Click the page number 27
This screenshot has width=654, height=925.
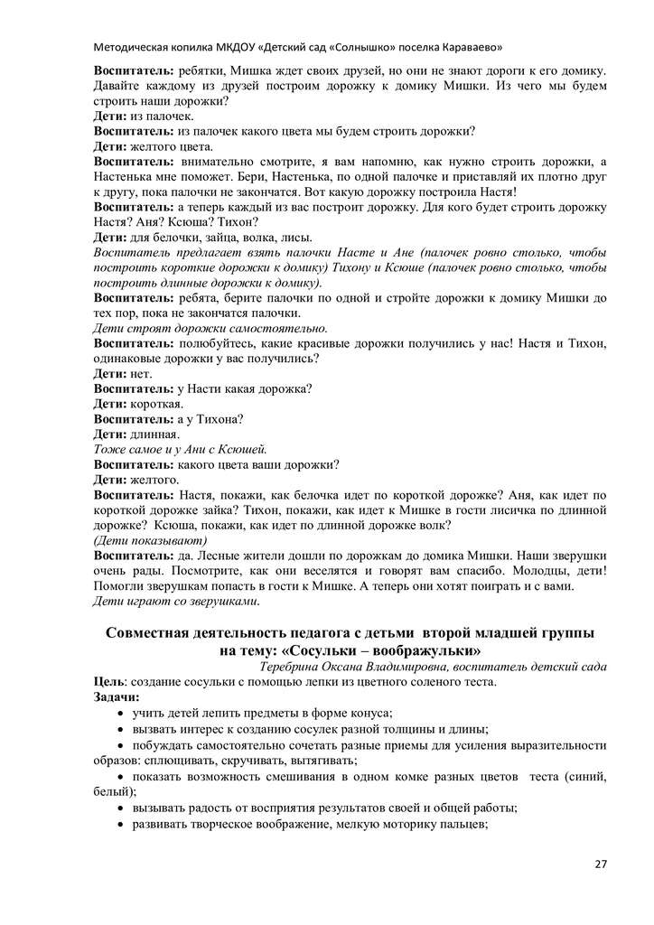click(601, 864)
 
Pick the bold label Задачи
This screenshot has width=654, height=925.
click(117, 697)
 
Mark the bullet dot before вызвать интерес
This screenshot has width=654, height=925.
click(121, 730)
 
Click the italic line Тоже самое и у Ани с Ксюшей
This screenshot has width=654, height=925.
click(181, 449)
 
